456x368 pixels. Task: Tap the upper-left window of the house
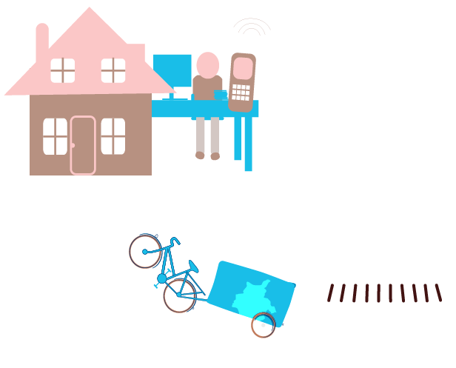pyautogui.click(x=63, y=70)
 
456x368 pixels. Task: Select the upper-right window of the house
pyautogui.click(x=113, y=70)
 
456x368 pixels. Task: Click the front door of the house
pyautogui.click(x=83, y=145)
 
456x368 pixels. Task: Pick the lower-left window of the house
pyautogui.click(x=55, y=136)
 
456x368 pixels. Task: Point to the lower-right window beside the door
pyautogui.click(x=113, y=136)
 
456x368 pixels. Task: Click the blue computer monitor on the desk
pyautogui.click(x=172, y=72)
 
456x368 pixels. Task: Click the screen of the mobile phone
pyautogui.click(x=242, y=69)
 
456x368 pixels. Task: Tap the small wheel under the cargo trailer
pyautogui.click(x=263, y=324)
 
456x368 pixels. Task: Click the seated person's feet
pyautogui.click(x=207, y=156)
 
